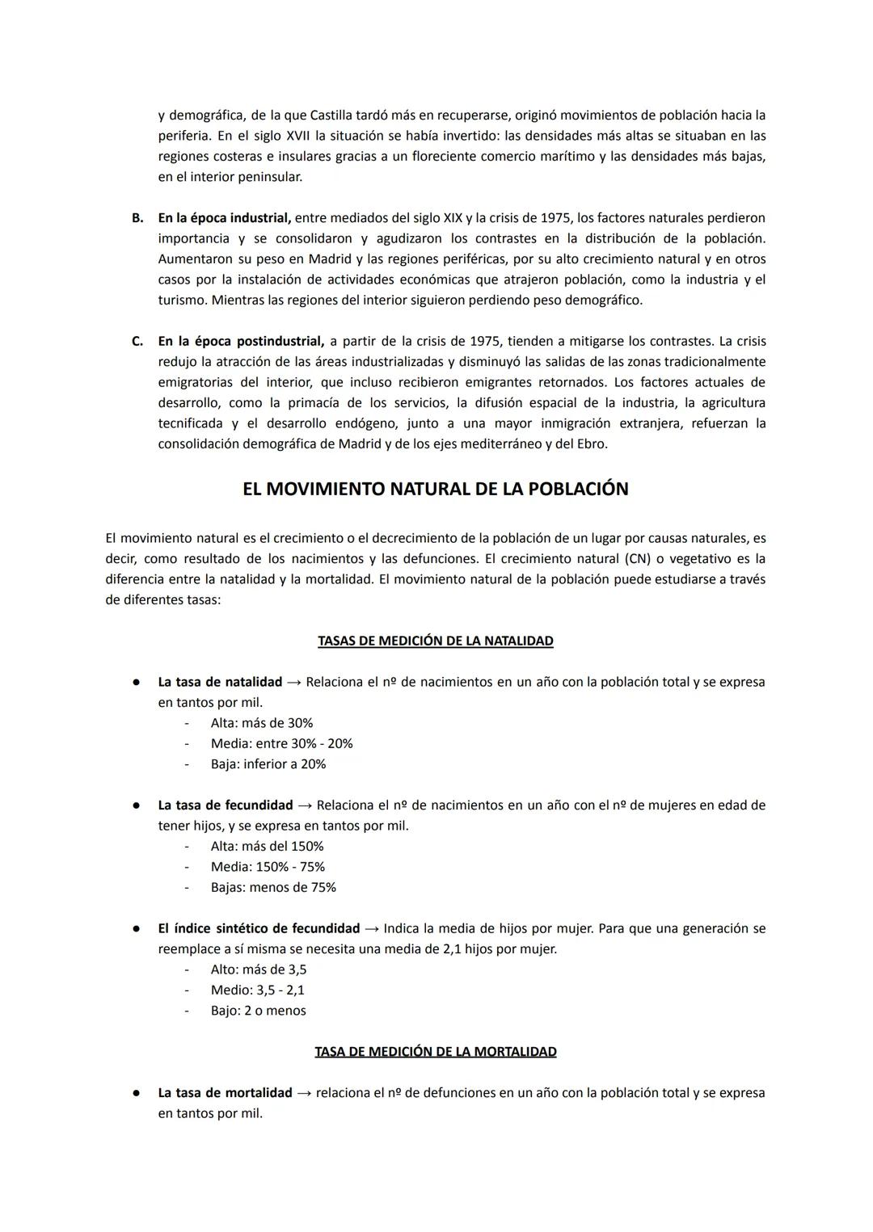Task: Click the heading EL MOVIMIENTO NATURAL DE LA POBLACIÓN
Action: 435,490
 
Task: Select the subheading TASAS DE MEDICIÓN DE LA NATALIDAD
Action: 435,641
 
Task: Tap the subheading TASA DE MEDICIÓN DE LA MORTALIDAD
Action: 435,1052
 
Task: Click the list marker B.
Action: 137,218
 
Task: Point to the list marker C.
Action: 137,341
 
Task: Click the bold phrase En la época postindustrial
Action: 240,341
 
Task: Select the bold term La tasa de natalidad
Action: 220,682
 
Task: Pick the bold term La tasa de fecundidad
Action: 225,805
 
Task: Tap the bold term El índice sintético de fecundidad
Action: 259,928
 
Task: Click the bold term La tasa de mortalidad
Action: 225,1093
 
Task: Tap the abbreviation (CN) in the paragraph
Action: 638,559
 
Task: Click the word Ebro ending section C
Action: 592,444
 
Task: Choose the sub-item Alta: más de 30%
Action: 261,723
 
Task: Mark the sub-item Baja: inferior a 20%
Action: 268,764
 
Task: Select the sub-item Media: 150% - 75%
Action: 268,867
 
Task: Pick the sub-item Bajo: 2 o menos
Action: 258,1011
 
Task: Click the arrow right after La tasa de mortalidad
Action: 304,1093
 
